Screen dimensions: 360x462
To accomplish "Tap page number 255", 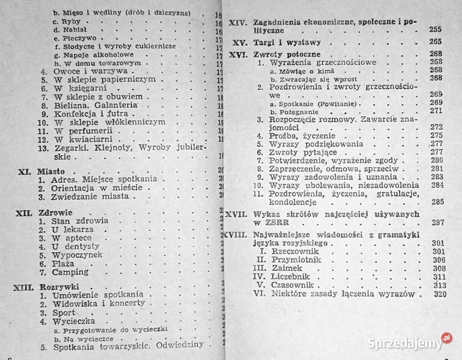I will point(435,30).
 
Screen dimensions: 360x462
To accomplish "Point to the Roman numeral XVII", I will point(236,214).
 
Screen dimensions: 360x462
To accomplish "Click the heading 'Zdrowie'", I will point(55,212).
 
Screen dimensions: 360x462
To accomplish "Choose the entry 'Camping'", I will point(70,272).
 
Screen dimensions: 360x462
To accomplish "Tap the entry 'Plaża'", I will point(62,263).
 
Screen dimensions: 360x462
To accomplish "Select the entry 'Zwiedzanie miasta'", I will point(90,196).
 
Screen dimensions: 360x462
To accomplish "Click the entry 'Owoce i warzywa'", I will point(84,71).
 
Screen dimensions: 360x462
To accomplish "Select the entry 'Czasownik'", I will point(290,285).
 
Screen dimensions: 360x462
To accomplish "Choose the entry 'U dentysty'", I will point(75,246).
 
